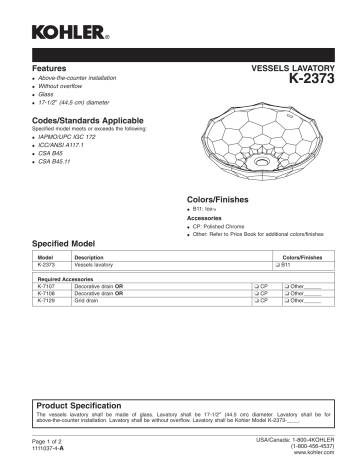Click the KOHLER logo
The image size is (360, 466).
[71, 36]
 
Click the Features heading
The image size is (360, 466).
[51, 65]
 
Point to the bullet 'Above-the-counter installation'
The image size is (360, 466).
[85, 76]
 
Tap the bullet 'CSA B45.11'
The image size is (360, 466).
[59, 161]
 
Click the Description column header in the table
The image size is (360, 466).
[90, 257]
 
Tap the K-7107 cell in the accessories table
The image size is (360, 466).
[47, 285]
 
